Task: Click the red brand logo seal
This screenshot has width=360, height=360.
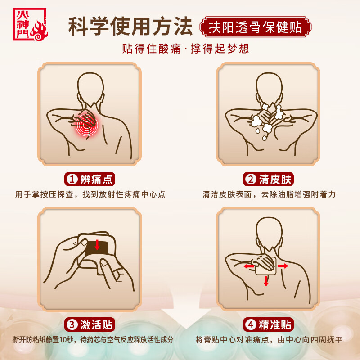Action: coord(30,24)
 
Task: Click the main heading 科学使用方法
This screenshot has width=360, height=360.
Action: coord(130,27)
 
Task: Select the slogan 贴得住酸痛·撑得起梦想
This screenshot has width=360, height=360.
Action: coord(185,48)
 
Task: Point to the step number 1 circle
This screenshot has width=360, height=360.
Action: coord(72,180)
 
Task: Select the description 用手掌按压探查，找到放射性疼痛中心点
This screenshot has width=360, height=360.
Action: coord(90,195)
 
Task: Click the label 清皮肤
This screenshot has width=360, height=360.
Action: coord(275,180)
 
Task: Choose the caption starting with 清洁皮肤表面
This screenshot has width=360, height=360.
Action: coord(269,195)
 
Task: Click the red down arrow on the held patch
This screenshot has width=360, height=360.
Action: coord(97,245)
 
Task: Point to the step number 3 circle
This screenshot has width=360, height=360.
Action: coord(72,324)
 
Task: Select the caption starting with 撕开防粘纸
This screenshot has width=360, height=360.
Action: coord(92,340)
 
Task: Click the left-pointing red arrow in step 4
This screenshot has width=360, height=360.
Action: coord(248,266)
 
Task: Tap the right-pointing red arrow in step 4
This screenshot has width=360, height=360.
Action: coord(283,266)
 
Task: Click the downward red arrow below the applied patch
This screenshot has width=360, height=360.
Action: coord(266,281)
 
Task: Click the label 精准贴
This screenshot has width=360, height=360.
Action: coord(275,324)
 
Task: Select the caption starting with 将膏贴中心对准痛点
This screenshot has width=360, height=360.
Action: coord(269,340)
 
